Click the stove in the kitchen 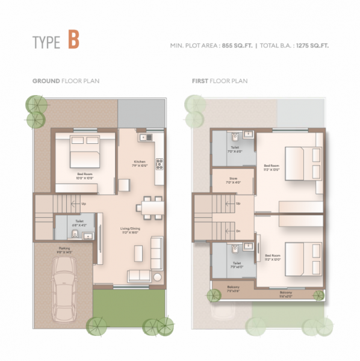coord(159,163)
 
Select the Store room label coord(232,179)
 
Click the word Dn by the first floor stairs coord(239,230)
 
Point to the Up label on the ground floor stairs coord(84,204)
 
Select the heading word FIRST coord(200,81)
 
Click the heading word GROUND coord(46,81)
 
